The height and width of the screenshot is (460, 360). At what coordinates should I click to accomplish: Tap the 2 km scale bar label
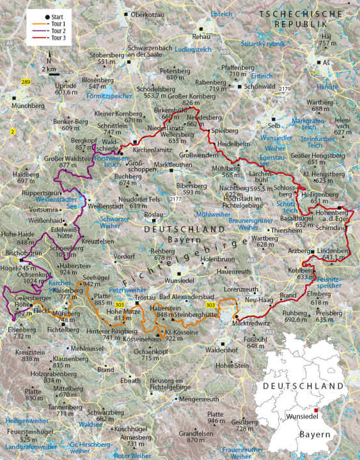click(49, 68)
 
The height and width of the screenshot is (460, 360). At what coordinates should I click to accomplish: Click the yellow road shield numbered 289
click(25, 82)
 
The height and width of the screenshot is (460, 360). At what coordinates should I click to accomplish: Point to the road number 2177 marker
click(158, 201)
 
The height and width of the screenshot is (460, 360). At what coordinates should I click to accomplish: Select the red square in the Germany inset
click(315, 410)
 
